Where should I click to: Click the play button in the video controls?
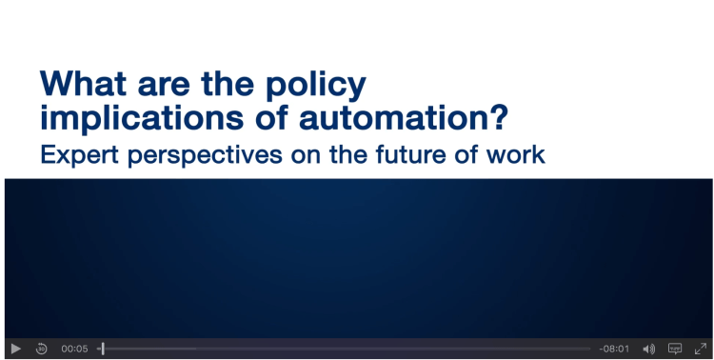point(15,350)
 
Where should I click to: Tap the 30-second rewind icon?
point(42,350)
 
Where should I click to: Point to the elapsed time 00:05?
point(74,350)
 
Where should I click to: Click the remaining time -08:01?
point(614,350)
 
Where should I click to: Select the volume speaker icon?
point(648,350)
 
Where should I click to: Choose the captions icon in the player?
point(675,349)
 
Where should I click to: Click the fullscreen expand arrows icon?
point(701,349)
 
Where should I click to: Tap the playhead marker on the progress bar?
point(103,350)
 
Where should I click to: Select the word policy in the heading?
point(316,86)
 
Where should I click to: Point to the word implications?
point(141,118)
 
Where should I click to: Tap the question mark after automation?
point(500,117)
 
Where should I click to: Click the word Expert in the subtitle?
point(80,155)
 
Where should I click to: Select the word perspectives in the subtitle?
point(205,156)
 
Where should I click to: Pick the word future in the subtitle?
point(411,155)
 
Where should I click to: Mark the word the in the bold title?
point(228,84)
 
